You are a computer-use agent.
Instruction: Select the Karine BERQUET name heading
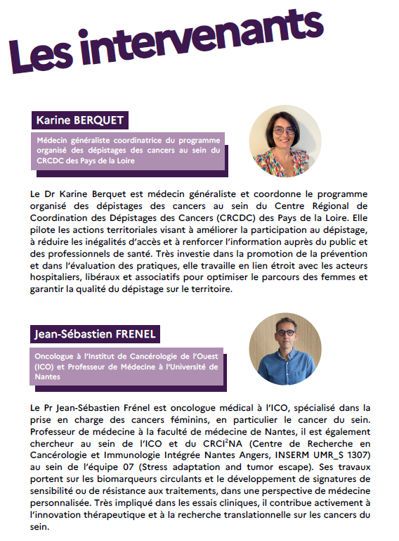(x=79, y=120)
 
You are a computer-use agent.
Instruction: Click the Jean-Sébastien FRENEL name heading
(x=92, y=332)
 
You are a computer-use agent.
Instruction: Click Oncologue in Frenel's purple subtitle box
(x=53, y=356)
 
